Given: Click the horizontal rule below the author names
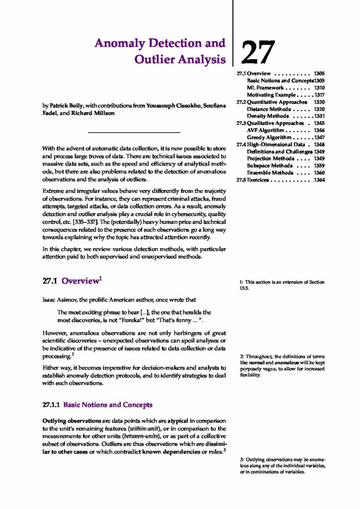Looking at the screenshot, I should point(133,132).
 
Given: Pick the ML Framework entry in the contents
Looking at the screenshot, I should point(268,87).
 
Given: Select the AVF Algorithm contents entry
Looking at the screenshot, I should point(268,130).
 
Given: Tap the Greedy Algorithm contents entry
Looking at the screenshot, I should point(269,137).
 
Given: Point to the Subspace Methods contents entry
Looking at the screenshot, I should point(268,166).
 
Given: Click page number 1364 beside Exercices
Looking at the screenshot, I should point(319,180).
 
